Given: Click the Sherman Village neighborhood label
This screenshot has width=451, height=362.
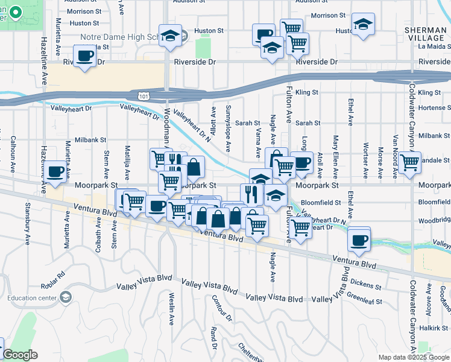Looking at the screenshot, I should tap(426, 33).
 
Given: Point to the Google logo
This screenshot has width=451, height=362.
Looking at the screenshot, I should tap(19, 355).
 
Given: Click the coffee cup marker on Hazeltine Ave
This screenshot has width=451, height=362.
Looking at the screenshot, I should tap(55, 171).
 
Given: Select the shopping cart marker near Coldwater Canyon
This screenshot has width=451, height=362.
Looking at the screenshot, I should tap(409, 161).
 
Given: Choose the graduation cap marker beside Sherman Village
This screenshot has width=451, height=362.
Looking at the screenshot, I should tap(362, 24).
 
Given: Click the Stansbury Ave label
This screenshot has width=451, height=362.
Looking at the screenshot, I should tap(28, 227).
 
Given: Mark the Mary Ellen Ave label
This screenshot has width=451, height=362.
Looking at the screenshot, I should tap(335, 151).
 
